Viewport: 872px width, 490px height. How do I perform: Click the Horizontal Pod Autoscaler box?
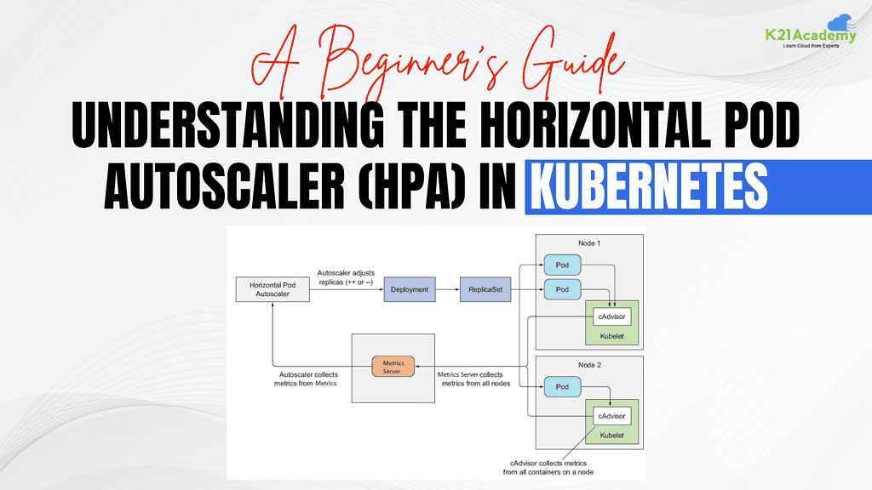point(272,289)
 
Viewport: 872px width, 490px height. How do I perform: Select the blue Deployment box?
point(410,289)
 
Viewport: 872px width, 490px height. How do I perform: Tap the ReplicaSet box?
point(485,289)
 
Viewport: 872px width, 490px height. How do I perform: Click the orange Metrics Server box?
point(393,367)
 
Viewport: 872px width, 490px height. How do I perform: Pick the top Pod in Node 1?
point(562,265)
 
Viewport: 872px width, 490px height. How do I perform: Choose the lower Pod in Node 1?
point(562,289)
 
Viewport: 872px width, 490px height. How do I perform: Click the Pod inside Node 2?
point(562,387)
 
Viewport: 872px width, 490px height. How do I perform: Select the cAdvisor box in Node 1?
point(611,316)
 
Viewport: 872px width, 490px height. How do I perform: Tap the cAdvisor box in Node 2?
point(611,415)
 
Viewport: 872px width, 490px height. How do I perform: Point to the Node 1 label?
point(589,243)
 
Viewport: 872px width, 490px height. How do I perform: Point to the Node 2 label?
point(589,365)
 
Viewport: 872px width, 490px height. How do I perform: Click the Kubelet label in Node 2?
point(611,436)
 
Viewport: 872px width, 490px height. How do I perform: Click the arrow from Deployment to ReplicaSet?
point(448,289)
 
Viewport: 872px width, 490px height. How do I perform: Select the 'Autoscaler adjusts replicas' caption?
point(346,278)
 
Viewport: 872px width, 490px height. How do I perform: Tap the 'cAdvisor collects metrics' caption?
point(548,467)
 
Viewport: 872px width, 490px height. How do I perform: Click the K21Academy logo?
point(812,32)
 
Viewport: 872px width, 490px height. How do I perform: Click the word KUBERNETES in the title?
point(648,187)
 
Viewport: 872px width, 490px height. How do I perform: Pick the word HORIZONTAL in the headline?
point(594,125)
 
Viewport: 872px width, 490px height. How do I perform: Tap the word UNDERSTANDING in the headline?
point(227,125)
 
